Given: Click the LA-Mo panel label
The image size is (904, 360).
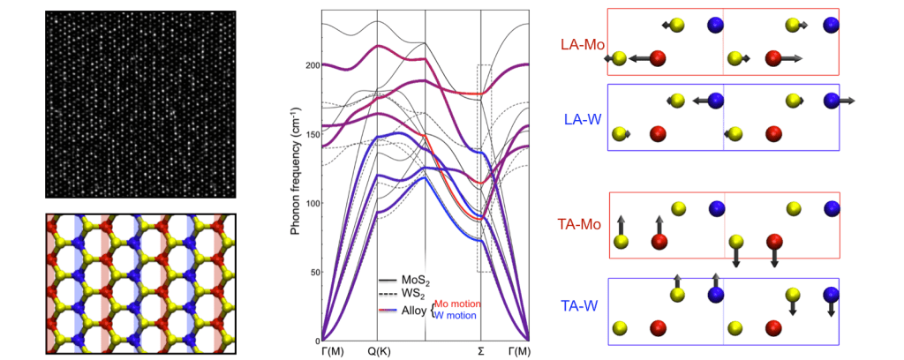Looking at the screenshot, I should click(x=579, y=43).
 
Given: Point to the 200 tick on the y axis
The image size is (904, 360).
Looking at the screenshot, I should click(x=309, y=66).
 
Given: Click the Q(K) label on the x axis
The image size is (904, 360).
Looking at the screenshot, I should click(x=378, y=351).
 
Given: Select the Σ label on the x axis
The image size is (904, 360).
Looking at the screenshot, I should click(x=481, y=351).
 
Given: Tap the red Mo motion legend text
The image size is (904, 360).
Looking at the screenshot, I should click(x=456, y=304).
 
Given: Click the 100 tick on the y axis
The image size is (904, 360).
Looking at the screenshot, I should click(x=309, y=204).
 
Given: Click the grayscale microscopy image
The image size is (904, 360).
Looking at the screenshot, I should click(x=140, y=104).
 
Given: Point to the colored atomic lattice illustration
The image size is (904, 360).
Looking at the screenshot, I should click(x=140, y=282).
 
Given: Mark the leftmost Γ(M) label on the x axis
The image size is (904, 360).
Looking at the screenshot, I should click(x=324, y=351).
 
